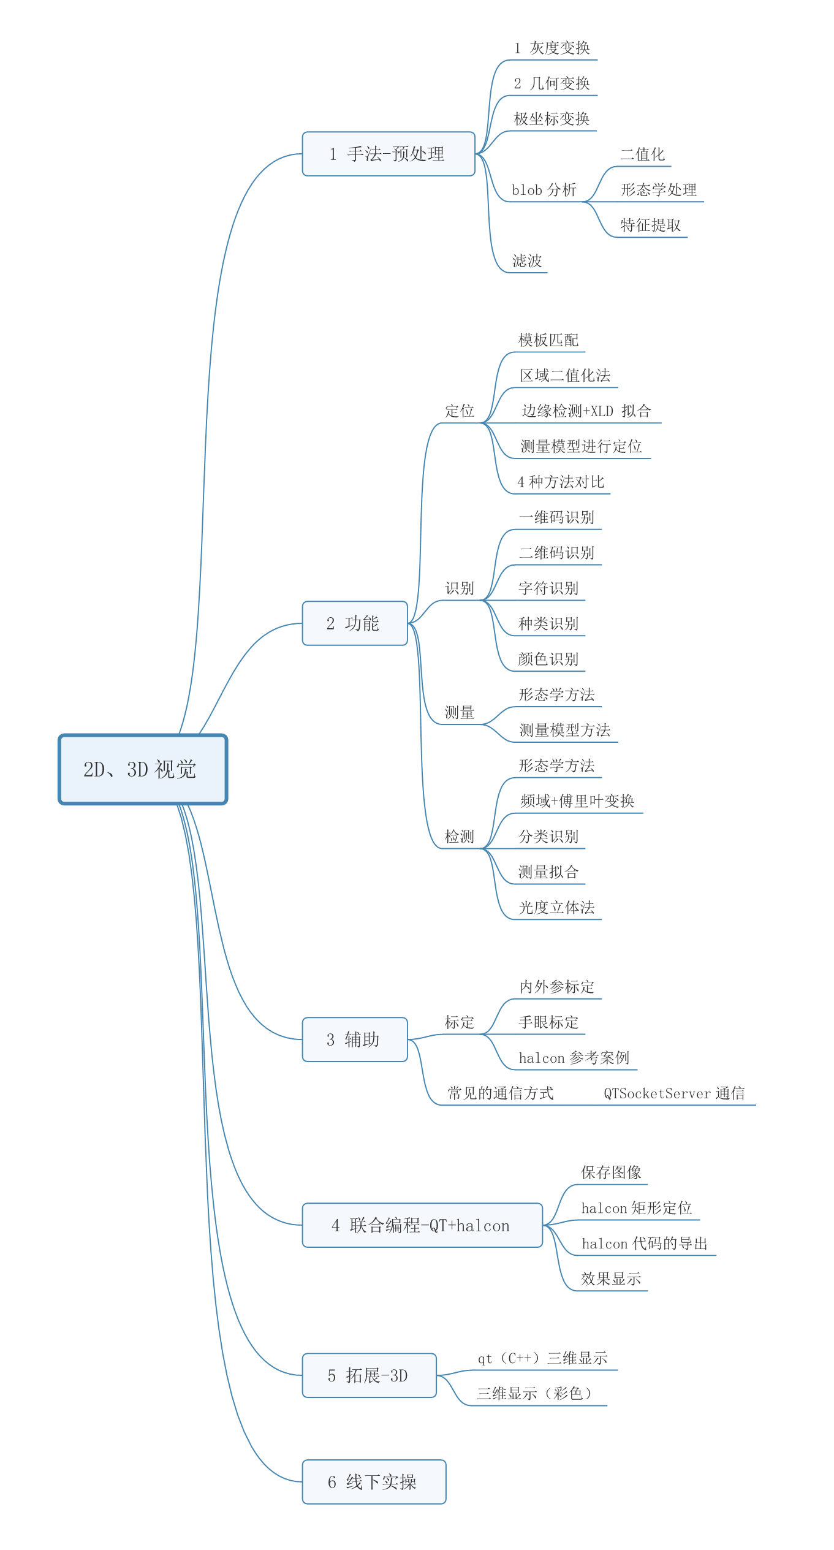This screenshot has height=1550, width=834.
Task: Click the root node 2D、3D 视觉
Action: [x=143, y=769]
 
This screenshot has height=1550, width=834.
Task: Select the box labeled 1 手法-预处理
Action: [x=389, y=154]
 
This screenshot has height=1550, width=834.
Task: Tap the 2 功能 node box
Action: [x=355, y=623]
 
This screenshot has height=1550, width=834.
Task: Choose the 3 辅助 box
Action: [x=355, y=1039]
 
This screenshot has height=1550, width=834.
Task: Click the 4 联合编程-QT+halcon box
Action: [x=422, y=1225]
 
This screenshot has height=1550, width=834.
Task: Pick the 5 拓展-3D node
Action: [x=369, y=1375]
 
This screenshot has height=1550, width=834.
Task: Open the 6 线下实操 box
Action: [x=374, y=1482]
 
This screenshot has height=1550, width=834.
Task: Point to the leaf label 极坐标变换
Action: [x=552, y=119]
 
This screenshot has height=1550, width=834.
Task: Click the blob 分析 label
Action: [x=544, y=190]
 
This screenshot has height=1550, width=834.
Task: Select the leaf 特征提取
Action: [x=650, y=226]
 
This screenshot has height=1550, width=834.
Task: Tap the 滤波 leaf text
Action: [x=527, y=261]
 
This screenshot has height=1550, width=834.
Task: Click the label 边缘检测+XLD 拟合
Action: [x=586, y=411]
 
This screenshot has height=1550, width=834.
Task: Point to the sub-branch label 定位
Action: [x=460, y=411]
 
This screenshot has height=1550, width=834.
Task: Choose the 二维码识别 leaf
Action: [x=556, y=553]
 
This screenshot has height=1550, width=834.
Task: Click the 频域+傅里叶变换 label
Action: [x=577, y=801]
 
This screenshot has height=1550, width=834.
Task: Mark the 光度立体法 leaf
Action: [x=556, y=908]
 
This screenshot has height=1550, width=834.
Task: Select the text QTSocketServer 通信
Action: [x=674, y=1093]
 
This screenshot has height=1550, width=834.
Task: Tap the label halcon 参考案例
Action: [x=574, y=1058]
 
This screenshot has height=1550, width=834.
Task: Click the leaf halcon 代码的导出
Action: [x=645, y=1244]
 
